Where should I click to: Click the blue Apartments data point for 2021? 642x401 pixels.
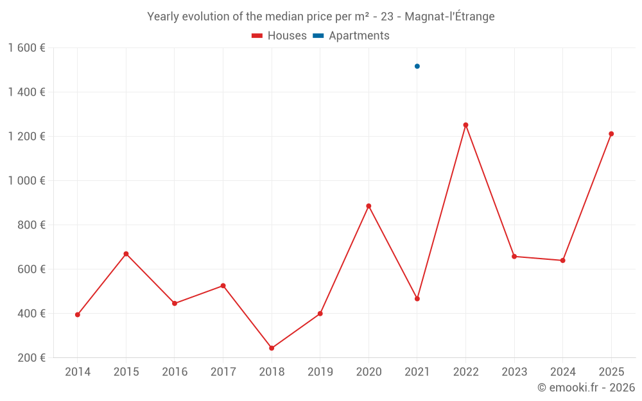pyautogui.click(x=417, y=66)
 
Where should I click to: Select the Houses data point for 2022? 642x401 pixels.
pyautogui.click(x=465, y=125)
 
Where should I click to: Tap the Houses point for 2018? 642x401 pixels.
pyautogui.click(x=272, y=348)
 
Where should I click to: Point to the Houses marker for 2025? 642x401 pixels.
pyautogui.click(x=611, y=134)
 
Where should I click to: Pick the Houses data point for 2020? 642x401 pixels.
pyautogui.click(x=369, y=206)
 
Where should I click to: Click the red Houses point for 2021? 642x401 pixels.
pyautogui.click(x=417, y=299)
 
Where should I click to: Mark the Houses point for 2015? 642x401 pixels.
pyautogui.click(x=126, y=254)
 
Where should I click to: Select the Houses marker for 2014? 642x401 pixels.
pyautogui.click(x=78, y=315)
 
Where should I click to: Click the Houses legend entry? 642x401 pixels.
pyautogui.click(x=279, y=36)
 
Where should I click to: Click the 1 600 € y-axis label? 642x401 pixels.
pyautogui.click(x=26, y=48)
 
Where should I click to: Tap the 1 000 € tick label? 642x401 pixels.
pyautogui.click(x=26, y=181)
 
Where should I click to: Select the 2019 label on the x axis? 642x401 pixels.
pyautogui.click(x=320, y=372)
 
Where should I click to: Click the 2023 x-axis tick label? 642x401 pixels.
pyautogui.click(x=514, y=372)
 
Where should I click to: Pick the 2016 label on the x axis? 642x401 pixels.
pyautogui.click(x=175, y=372)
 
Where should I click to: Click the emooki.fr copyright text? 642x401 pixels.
pyautogui.click(x=586, y=388)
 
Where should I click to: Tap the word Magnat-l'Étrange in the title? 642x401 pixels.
pyautogui.click(x=449, y=17)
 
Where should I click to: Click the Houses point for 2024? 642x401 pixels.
pyautogui.click(x=562, y=260)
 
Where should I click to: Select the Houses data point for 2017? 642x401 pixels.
pyautogui.click(x=223, y=286)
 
